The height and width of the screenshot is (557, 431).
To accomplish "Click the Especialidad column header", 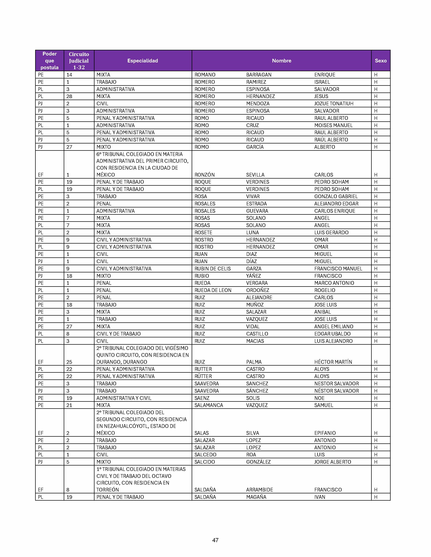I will click(x=142, y=61).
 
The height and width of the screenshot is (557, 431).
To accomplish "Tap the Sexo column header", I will click(x=380, y=61).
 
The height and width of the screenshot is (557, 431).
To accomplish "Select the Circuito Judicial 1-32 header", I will click(x=79, y=61).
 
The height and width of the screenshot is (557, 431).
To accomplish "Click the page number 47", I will click(x=215, y=540).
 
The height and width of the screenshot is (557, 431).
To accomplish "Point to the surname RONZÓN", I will click(x=205, y=175).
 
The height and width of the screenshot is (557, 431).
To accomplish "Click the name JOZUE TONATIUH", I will click(x=334, y=103).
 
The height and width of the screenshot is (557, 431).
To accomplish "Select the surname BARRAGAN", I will click(x=259, y=75).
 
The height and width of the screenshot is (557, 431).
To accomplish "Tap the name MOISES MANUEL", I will click(x=333, y=125).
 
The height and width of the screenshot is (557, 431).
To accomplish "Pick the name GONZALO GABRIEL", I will click(x=336, y=196).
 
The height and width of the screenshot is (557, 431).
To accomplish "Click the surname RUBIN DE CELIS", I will click(x=212, y=269).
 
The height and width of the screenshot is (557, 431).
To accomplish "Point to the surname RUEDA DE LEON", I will click(x=213, y=290).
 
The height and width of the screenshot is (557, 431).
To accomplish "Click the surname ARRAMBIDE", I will click(x=259, y=490).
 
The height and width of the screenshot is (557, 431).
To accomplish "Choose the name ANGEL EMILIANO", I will click(x=334, y=326).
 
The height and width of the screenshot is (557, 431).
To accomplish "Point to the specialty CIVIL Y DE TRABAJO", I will click(x=118, y=334).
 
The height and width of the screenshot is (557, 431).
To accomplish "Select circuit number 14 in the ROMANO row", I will click(x=69, y=75).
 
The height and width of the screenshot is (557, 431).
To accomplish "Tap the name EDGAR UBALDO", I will click(x=332, y=334).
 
